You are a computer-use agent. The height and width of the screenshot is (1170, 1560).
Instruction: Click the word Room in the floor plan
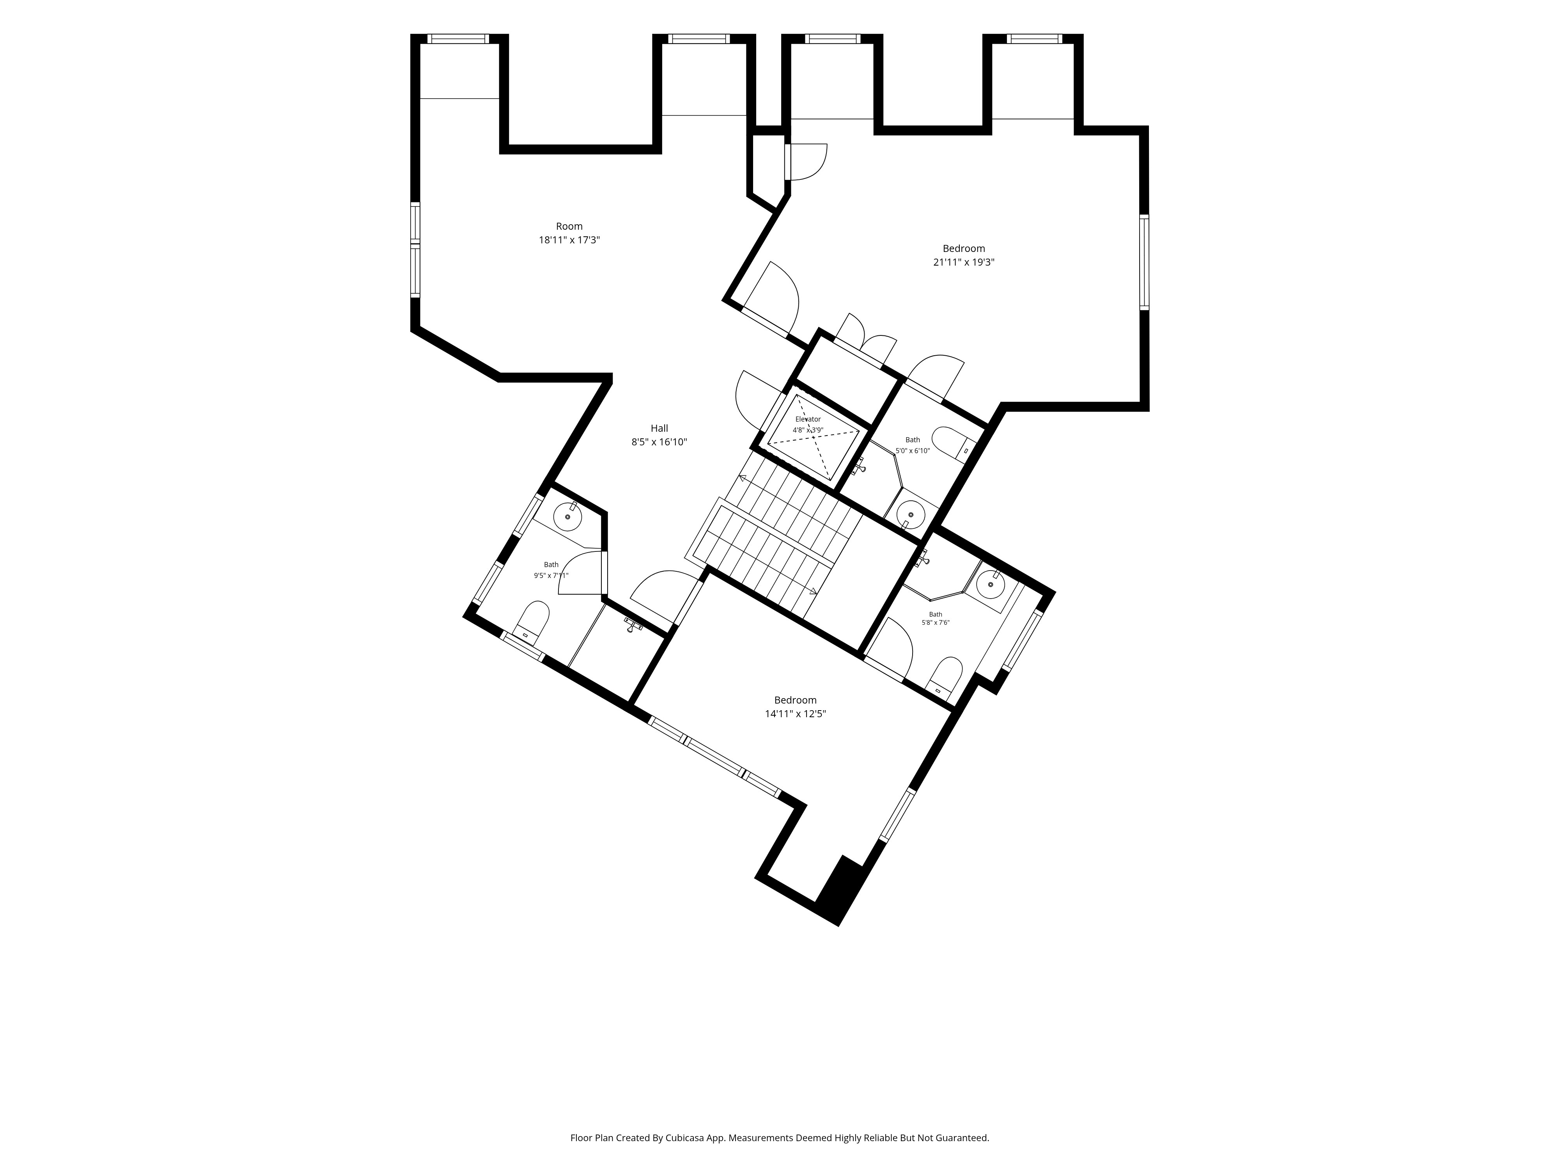click(x=569, y=226)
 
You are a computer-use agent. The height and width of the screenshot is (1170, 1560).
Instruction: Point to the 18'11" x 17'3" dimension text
click(x=569, y=240)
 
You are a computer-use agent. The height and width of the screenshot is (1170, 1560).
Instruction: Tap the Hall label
click(x=659, y=428)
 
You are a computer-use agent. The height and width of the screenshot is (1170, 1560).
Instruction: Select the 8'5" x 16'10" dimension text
click(x=659, y=442)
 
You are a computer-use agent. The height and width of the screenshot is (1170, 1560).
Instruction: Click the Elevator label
click(x=808, y=419)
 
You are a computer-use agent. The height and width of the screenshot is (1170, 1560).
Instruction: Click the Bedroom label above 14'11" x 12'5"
click(x=796, y=700)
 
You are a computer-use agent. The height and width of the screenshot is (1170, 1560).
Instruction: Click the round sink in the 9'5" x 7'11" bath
click(x=567, y=517)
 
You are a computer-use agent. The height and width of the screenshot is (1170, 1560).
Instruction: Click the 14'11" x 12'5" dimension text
click(x=796, y=714)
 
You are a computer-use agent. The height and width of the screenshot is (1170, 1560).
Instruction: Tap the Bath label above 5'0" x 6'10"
click(x=913, y=440)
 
